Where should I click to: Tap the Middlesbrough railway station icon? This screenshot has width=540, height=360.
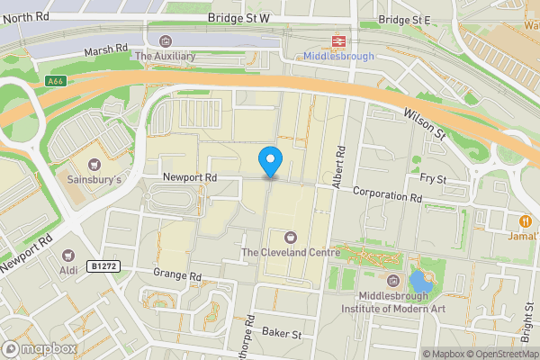click(x=338, y=40)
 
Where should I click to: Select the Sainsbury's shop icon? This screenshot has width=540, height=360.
click(x=95, y=164)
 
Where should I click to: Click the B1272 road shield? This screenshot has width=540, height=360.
click(x=103, y=266)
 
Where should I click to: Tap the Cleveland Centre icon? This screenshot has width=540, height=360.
click(x=290, y=238)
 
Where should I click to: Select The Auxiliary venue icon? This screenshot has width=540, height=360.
click(x=165, y=40)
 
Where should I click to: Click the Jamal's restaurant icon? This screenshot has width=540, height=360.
click(x=523, y=220)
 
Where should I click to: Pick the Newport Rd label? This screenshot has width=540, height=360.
click(x=190, y=178)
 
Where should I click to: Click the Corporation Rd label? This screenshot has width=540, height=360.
click(x=387, y=193)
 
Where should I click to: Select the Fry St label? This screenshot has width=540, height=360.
click(x=434, y=180)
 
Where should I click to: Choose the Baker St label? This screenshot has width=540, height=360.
click(x=281, y=334)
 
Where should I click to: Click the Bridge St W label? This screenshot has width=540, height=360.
click(x=238, y=18)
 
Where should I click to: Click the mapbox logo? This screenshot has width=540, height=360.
click(x=39, y=348)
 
